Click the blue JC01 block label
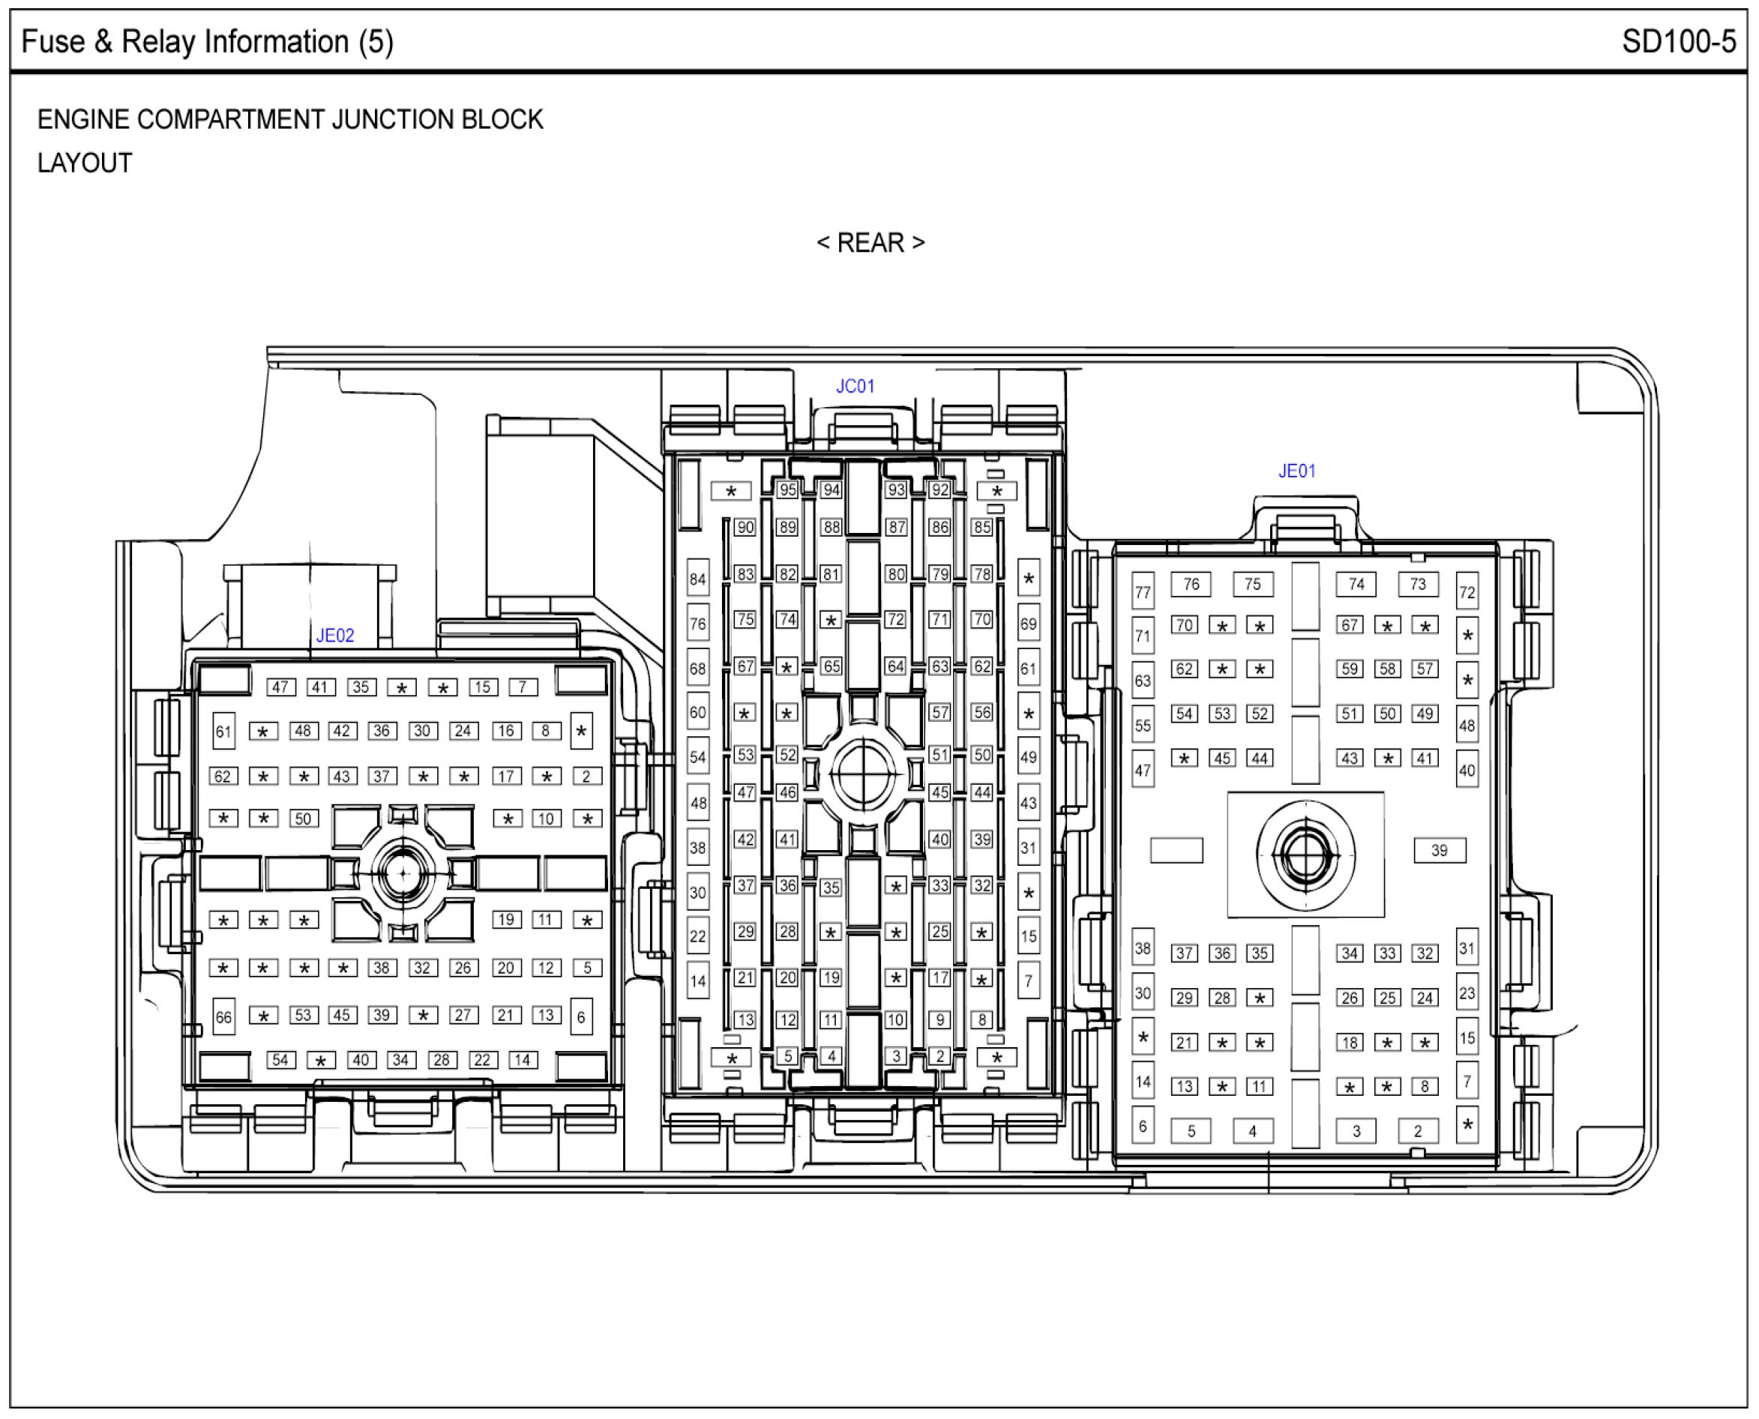pos(855,386)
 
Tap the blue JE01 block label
pos(1297,471)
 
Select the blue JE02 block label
pos(335,635)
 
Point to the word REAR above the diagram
pos(871,243)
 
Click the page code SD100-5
pos(1679,42)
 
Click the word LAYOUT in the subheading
pos(85,163)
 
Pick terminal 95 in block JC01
pos(787,490)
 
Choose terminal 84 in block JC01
pos(697,580)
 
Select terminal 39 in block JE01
pos(1440,850)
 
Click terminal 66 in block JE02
pos(223,1018)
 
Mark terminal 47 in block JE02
pos(280,687)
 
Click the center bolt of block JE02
pos(403,874)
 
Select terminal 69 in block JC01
pos(1028,624)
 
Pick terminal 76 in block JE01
pos(1191,585)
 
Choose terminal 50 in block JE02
pos(303,819)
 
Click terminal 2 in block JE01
pos(1417,1131)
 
